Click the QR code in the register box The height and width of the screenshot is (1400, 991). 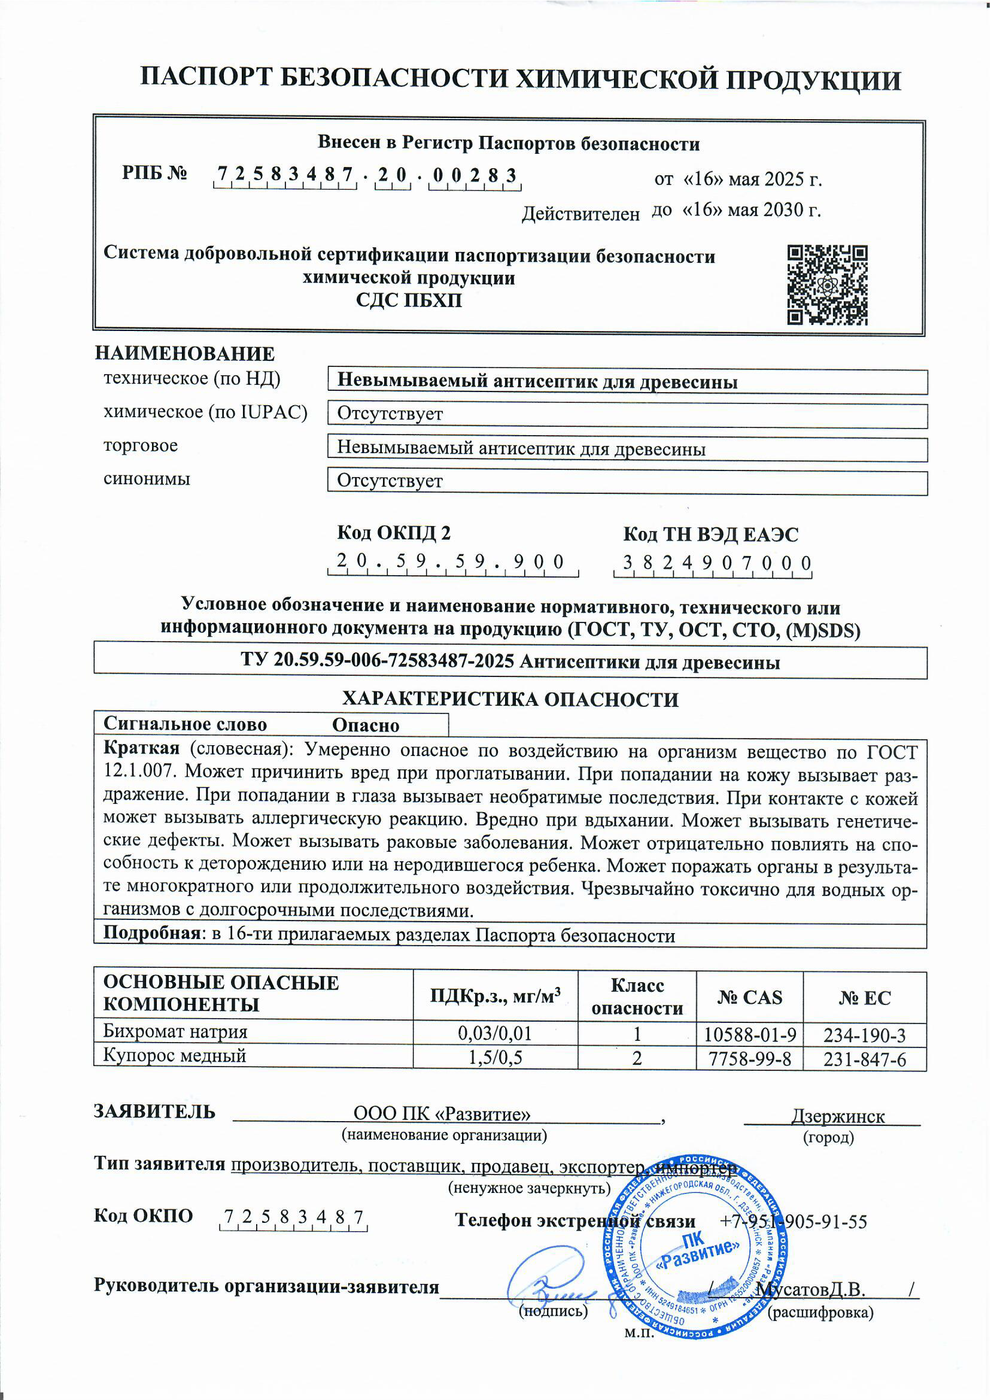[x=827, y=284]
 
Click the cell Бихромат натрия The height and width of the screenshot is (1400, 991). [x=175, y=1032]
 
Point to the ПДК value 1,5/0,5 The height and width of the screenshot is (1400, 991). [x=495, y=1058]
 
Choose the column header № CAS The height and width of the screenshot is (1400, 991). [x=749, y=997]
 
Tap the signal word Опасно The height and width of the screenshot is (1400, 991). [x=366, y=725]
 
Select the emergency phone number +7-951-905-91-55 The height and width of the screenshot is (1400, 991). [x=794, y=1221]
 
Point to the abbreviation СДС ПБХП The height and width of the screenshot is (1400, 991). [x=409, y=300]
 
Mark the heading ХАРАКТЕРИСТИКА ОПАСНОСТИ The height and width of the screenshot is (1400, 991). [x=509, y=699]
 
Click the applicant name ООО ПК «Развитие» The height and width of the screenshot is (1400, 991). [x=442, y=1114]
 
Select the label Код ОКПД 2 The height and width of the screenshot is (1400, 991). [x=394, y=533]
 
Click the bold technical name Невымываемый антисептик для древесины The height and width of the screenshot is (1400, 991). [x=537, y=381]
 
